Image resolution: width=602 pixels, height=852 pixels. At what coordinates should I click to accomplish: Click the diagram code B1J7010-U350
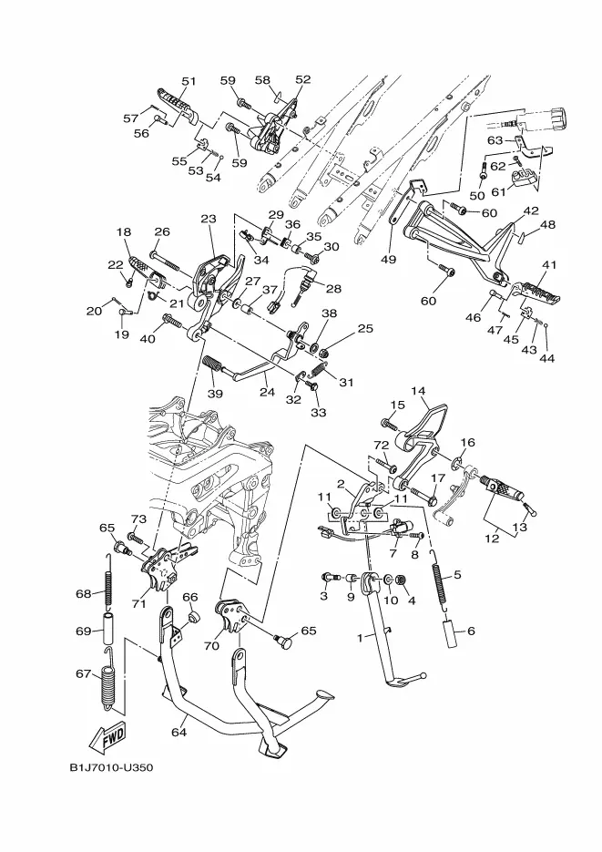click(111, 768)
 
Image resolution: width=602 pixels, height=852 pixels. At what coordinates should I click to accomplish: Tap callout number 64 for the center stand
click(179, 732)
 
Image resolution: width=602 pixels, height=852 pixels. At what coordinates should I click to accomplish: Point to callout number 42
click(531, 210)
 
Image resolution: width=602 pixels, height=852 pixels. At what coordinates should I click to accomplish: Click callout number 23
click(209, 219)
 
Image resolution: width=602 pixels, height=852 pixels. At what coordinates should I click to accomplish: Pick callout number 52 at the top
click(303, 79)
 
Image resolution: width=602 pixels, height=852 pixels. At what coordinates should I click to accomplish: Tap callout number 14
click(418, 391)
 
